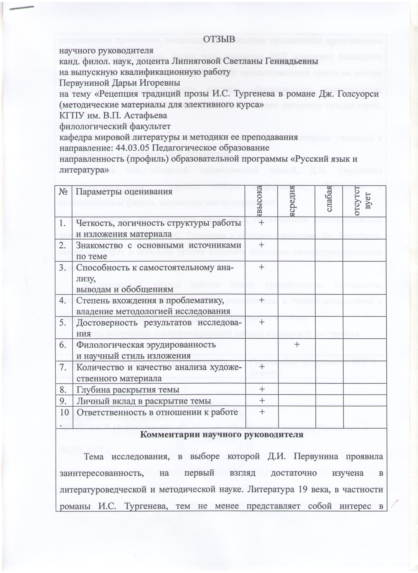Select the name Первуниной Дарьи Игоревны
(x=119, y=83)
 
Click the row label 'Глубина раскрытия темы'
(x=128, y=390)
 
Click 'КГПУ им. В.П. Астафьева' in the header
(x=113, y=115)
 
